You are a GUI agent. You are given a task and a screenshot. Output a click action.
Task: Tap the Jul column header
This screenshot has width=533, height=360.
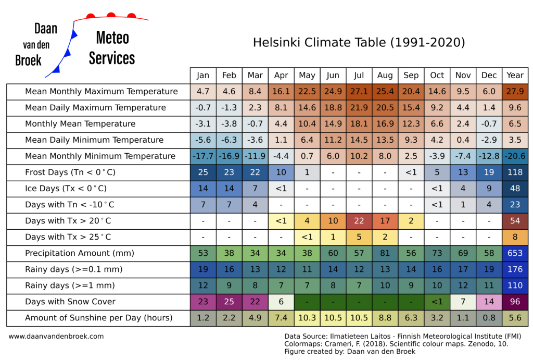[x=359, y=76]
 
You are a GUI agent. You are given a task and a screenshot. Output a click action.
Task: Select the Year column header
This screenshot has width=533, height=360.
[x=515, y=76]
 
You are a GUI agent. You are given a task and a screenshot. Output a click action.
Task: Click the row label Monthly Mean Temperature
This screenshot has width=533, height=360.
[x=80, y=124]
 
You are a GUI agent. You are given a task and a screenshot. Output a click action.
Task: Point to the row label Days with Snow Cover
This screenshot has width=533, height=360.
[x=70, y=302]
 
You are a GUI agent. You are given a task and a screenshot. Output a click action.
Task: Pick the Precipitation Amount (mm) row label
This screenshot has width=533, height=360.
[x=80, y=253]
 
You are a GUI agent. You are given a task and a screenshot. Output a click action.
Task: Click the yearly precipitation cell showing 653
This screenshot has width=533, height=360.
[x=515, y=253]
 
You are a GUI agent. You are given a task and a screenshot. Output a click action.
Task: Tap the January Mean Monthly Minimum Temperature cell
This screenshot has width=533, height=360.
[x=203, y=156]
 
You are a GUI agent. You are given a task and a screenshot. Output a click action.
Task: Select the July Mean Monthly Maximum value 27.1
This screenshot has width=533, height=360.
[x=359, y=92]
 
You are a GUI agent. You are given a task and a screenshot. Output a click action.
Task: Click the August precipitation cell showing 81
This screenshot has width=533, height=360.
[x=385, y=253]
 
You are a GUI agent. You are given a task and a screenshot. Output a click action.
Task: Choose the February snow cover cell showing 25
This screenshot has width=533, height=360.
[x=229, y=302]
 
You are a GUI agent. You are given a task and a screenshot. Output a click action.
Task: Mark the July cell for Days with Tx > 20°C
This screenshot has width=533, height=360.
[x=359, y=221]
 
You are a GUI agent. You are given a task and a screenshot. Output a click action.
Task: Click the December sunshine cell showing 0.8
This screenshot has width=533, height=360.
[x=489, y=318]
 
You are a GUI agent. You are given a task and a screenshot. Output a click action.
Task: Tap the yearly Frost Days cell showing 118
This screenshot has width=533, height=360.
[x=515, y=172]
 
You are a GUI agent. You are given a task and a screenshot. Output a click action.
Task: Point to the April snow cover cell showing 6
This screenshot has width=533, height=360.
[x=281, y=302]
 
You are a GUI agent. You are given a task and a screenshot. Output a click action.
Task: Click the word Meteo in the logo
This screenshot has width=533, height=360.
[x=112, y=38]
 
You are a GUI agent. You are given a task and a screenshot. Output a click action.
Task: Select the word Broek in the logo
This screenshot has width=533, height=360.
[x=28, y=60]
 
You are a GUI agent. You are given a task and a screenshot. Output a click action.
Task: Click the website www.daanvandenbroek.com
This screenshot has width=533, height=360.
[x=56, y=337]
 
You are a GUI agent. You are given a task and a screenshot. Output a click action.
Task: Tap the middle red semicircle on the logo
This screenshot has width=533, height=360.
[x=111, y=15]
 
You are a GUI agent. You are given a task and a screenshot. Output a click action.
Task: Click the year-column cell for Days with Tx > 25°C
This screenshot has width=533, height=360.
[x=515, y=237]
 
